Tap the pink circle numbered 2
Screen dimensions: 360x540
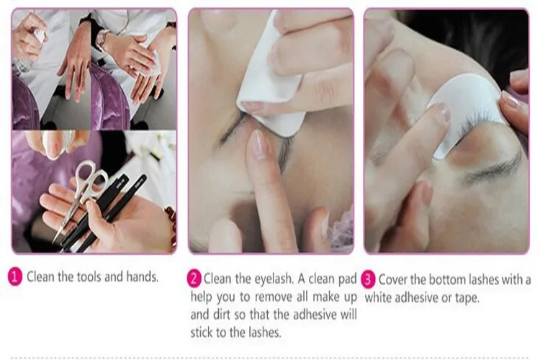[x=194, y=278]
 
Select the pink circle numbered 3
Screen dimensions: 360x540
[x=368, y=278]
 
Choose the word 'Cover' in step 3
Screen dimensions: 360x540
[x=394, y=279]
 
